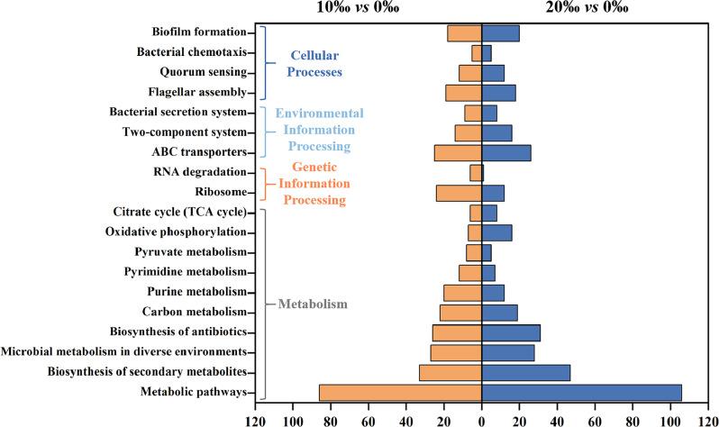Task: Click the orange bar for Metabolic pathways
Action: pos(400,392)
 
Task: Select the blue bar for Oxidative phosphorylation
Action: pos(496,232)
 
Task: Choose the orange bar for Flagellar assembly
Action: pos(463,93)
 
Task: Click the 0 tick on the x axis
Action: pos(482,418)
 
